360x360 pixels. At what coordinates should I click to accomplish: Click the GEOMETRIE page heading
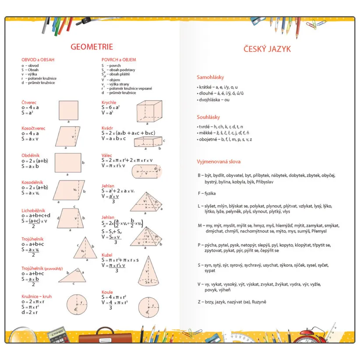click(92, 47)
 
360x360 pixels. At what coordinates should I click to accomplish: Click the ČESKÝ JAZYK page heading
click(267, 49)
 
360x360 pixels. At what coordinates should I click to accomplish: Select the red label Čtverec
click(29, 102)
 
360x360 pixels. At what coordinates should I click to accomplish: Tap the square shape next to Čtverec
click(69, 110)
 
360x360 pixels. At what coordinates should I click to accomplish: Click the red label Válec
click(107, 155)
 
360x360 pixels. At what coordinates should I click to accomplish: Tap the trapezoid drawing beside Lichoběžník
click(70, 218)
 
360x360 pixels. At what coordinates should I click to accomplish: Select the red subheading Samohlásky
click(211, 77)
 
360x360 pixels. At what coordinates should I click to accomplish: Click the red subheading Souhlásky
click(208, 117)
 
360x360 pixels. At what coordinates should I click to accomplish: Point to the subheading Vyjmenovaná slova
click(219, 162)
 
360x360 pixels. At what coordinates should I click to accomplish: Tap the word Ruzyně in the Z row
click(258, 302)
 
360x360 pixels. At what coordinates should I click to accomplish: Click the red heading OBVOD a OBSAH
click(38, 60)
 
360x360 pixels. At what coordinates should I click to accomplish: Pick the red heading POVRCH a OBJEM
click(119, 60)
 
